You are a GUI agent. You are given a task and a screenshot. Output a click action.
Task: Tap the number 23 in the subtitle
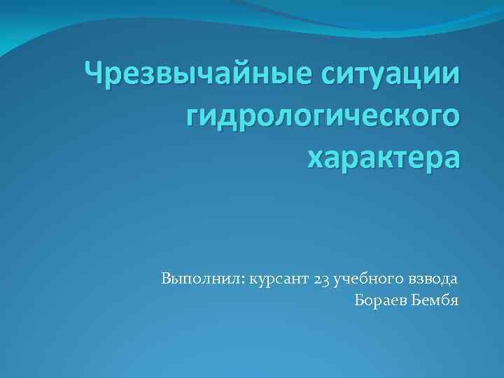(x=322, y=279)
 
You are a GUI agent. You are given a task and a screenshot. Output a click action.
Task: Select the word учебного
(x=368, y=279)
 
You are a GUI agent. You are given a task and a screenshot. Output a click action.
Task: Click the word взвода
(x=434, y=279)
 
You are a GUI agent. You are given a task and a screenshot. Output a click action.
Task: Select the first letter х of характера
(x=316, y=160)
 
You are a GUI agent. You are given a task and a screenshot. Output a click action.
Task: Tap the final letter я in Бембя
(x=454, y=302)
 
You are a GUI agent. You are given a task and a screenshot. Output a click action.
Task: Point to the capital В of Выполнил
(x=165, y=279)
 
